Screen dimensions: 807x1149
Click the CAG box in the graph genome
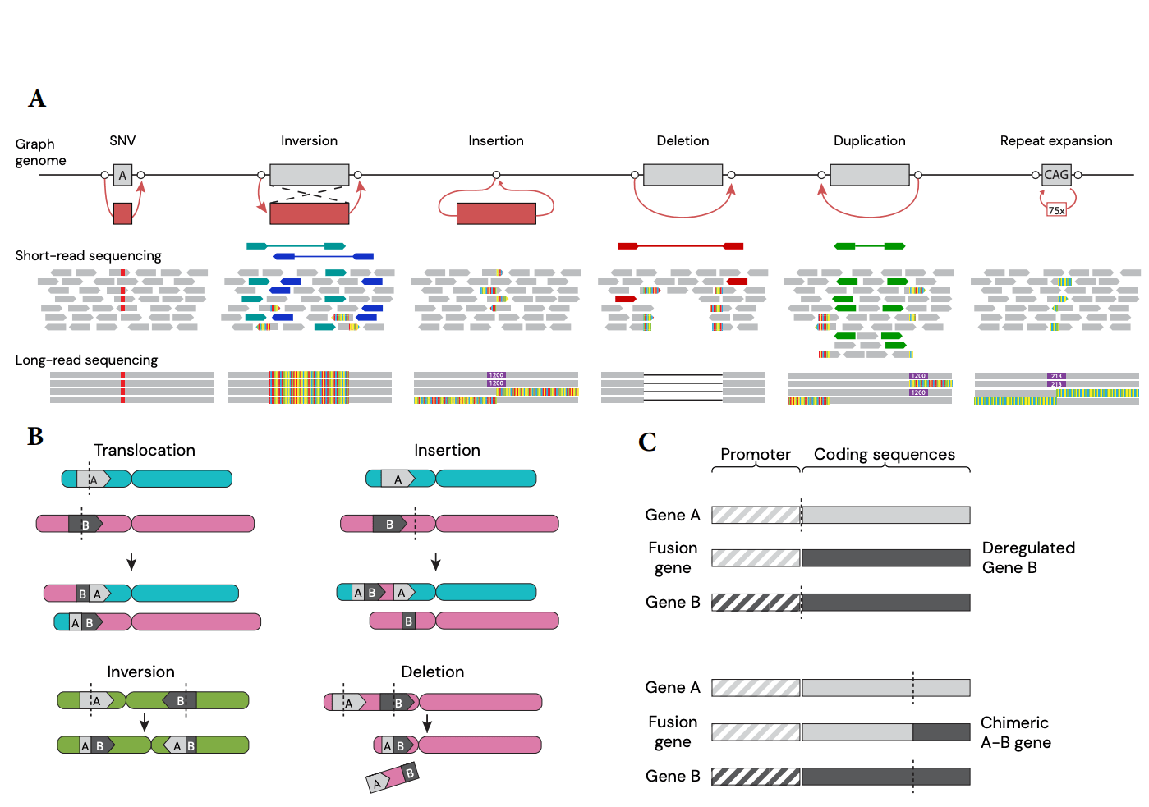[x=1056, y=175]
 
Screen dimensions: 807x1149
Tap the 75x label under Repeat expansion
[x=1056, y=210]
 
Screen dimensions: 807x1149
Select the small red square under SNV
[x=122, y=213]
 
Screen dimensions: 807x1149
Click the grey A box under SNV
[x=122, y=175]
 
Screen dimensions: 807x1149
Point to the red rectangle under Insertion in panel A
[x=496, y=213]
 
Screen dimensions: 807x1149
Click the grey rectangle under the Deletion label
[x=683, y=175]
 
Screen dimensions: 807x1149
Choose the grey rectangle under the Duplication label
[x=870, y=175]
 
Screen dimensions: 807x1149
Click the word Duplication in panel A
[x=869, y=141]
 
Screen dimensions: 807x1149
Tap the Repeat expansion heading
[x=1055, y=141]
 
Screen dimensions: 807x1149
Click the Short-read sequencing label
[x=88, y=256]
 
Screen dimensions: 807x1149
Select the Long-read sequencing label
[x=86, y=360]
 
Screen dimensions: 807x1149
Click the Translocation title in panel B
[x=145, y=451]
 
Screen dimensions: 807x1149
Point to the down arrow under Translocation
[x=131, y=562]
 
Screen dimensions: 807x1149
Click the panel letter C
[x=647, y=442]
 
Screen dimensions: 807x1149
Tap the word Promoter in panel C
[x=756, y=455]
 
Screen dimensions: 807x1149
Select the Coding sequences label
[x=884, y=455]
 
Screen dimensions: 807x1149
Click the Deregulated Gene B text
[x=1027, y=558]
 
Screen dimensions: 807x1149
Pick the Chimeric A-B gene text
[x=1015, y=733]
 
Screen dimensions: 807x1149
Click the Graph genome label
[x=40, y=153]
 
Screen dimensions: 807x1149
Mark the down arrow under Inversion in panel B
[x=145, y=722]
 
